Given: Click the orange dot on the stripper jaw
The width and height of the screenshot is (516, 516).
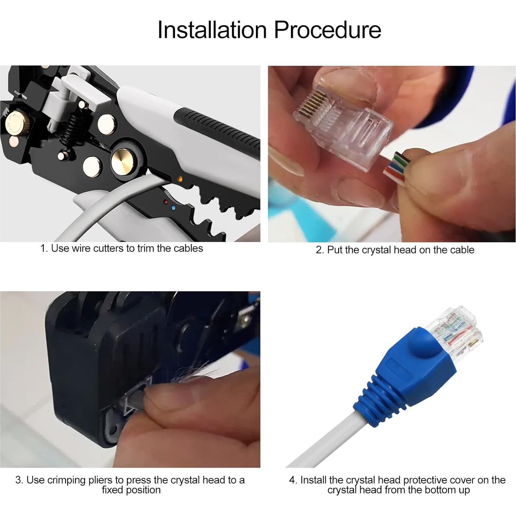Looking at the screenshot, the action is (x=180, y=179).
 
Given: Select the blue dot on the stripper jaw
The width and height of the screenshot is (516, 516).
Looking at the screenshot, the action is (x=173, y=207).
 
